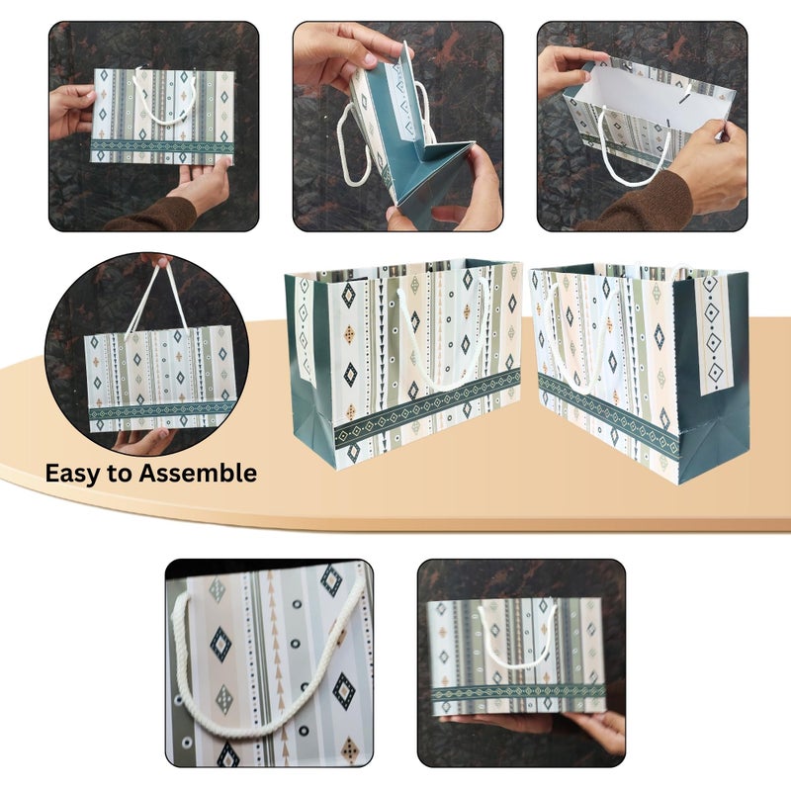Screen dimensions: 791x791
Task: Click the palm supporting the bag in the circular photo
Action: tap(143, 440)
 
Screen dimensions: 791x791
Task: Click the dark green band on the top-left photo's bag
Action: tap(162, 146)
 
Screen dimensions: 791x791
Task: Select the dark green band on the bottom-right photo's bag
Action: tap(518, 693)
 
